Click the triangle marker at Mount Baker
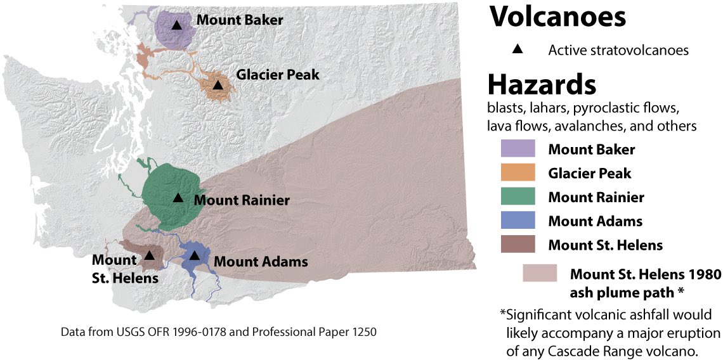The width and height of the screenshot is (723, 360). [x=177, y=25]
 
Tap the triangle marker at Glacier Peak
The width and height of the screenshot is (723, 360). [x=218, y=85]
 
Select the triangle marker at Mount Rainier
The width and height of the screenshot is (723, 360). [x=178, y=198]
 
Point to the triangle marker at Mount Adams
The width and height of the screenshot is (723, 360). [x=195, y=255]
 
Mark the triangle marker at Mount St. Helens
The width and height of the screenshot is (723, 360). [x=149, y=255]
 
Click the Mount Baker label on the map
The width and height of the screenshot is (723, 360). [x=239, y=20]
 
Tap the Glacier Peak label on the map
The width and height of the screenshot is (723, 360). [x=278, y=75]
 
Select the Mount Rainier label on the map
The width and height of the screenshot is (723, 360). [x=242, y=201]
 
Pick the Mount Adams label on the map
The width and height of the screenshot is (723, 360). [x=261, y=261]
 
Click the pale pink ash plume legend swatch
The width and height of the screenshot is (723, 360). [x=540, y=273]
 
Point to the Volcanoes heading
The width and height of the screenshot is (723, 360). [x=557, y=18]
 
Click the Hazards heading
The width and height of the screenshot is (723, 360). [x=542, y=84]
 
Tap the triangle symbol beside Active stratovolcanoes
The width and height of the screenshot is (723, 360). [x=518, y=49]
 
